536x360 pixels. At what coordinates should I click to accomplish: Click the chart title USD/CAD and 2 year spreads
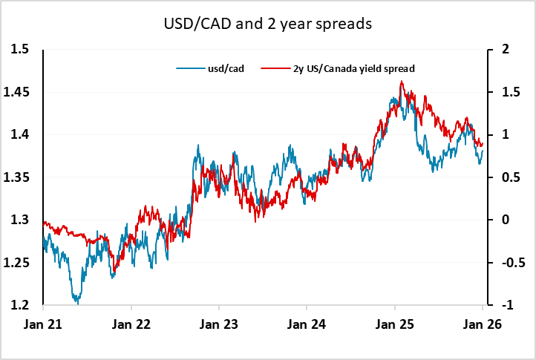click(267, 24)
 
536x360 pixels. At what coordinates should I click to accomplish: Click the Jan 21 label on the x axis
click(43, 324)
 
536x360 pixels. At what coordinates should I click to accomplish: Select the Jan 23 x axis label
click(218, 324)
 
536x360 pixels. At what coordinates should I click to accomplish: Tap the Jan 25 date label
click(394, 324)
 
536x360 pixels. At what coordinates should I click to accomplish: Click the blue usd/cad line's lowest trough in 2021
click(76, 302)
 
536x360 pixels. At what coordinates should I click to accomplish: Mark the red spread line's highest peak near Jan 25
click(402, 82)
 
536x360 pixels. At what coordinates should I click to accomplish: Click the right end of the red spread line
click(482, 144)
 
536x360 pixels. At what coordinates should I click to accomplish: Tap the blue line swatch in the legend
click(186, 69)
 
